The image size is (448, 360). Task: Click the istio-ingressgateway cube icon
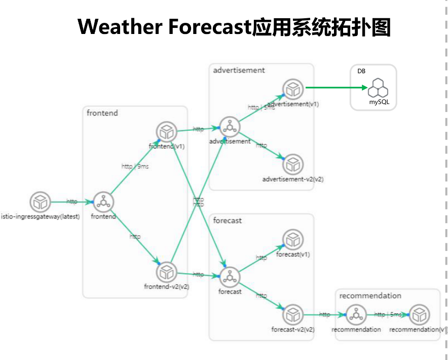click(40, 202)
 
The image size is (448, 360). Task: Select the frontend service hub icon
click(103, 202)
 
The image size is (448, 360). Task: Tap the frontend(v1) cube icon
click(166, 132)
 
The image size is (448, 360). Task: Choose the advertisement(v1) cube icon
click(292, 89)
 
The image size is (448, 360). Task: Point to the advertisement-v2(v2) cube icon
click(292, 164)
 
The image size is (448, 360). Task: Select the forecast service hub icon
click(230, 277)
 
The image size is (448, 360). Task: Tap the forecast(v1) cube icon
click(292, 239)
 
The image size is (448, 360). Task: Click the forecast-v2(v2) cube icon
click(292, 315)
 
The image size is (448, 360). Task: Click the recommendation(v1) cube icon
click(419, 315)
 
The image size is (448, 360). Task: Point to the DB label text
click(361, 71)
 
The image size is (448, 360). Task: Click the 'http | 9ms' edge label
click(135, 166)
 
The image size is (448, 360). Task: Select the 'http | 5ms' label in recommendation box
click(388, 315)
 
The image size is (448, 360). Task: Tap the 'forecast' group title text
click(228, 221)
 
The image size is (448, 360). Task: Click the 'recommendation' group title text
click(370, 296)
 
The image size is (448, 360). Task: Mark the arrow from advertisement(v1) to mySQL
click(337, 88)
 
